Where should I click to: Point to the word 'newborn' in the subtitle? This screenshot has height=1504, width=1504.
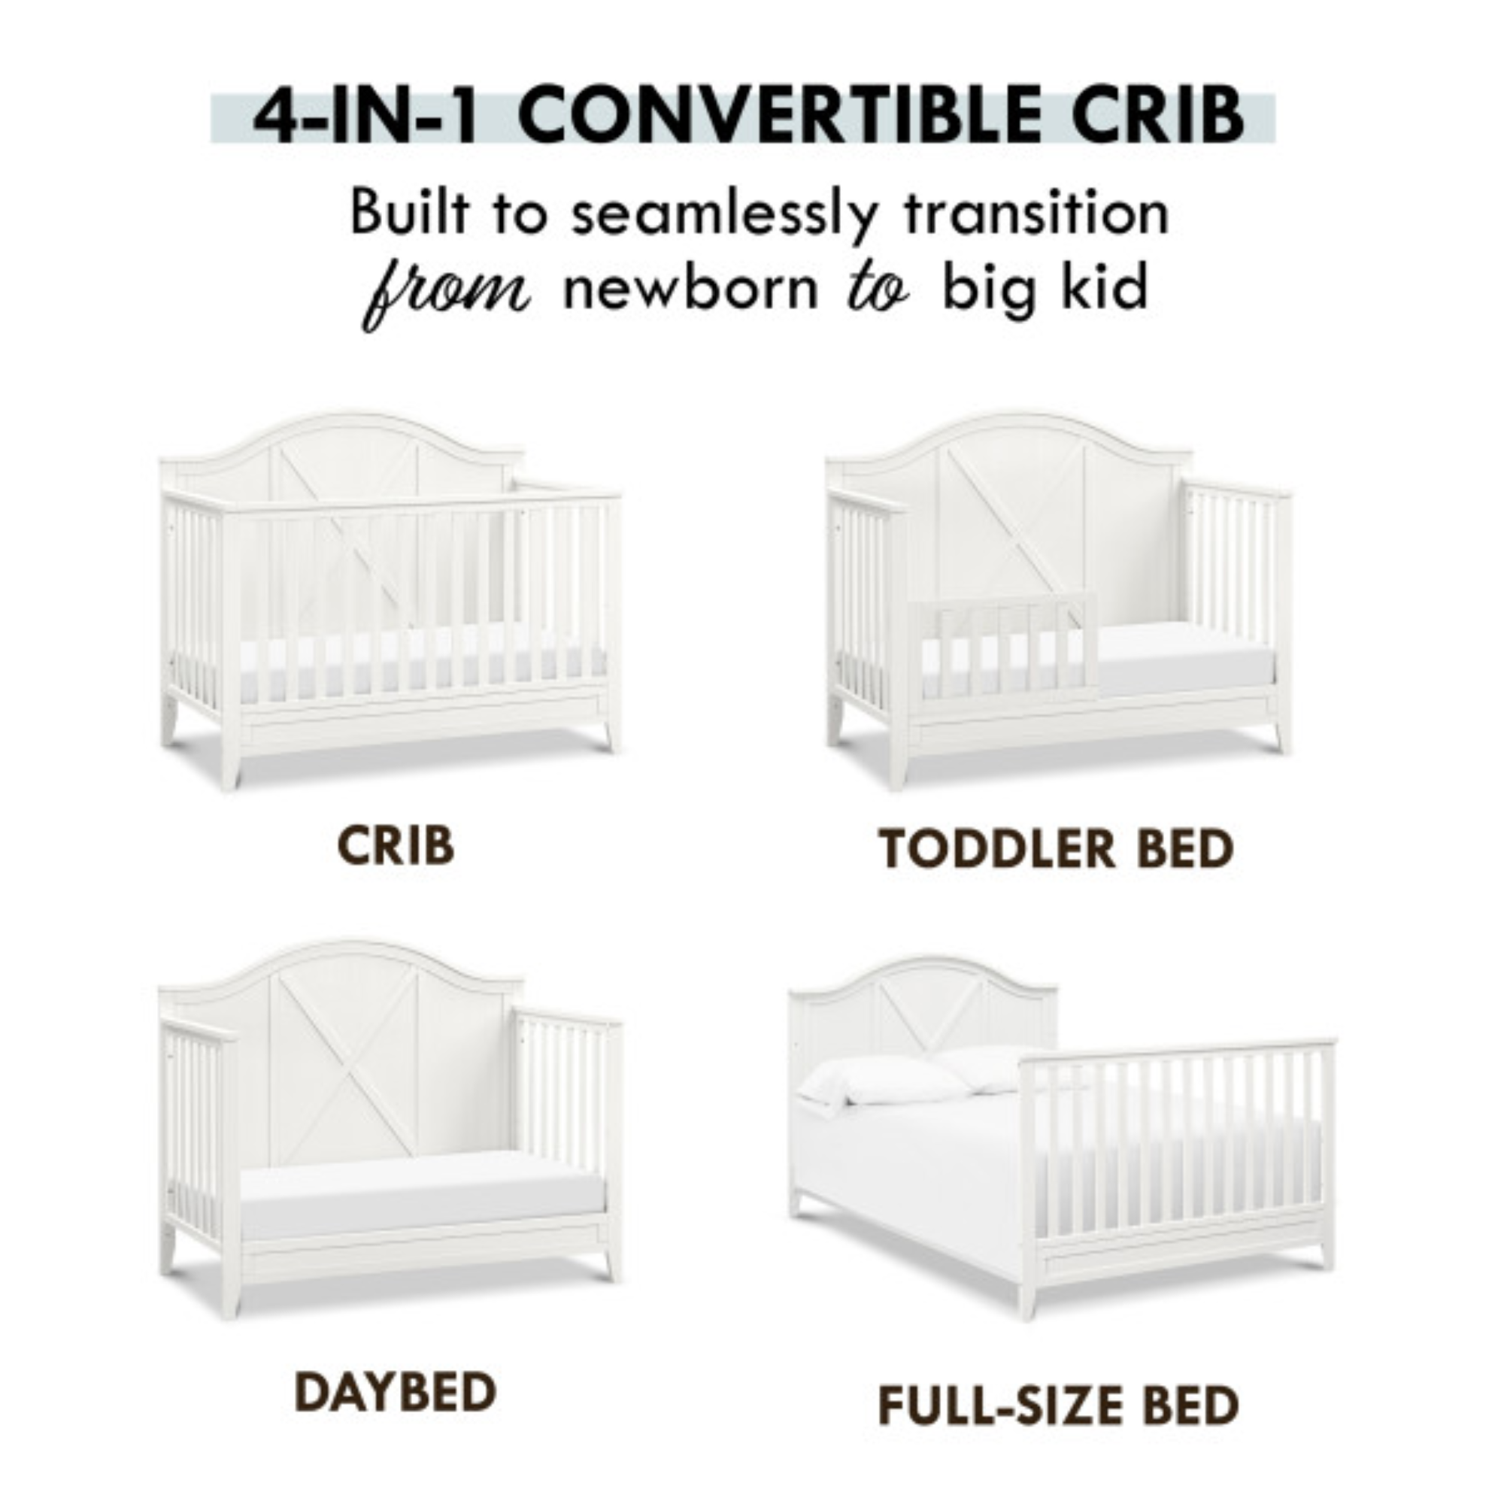(x=691, y=287)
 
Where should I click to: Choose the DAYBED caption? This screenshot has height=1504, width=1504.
(x=396, y=1392)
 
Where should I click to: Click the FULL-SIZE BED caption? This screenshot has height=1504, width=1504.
(x=1058, y=1406)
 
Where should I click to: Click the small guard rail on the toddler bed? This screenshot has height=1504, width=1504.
(x=1003, y=645)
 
